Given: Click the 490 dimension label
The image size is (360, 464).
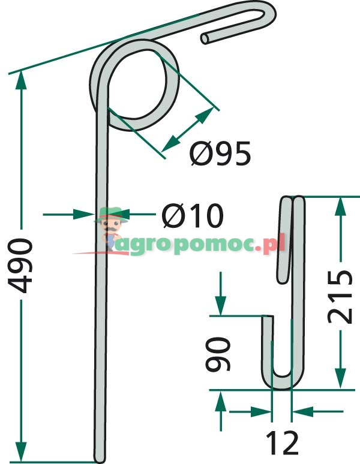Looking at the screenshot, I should (x=22, y=265).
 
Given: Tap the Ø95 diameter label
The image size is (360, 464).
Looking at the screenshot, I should (x=220, y=155).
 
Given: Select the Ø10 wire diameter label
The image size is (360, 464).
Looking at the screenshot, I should (x=192, y=216).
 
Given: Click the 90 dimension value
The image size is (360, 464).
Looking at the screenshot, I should (x=220, y=354).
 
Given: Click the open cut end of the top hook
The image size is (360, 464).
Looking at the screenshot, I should (x=206, y=38).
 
